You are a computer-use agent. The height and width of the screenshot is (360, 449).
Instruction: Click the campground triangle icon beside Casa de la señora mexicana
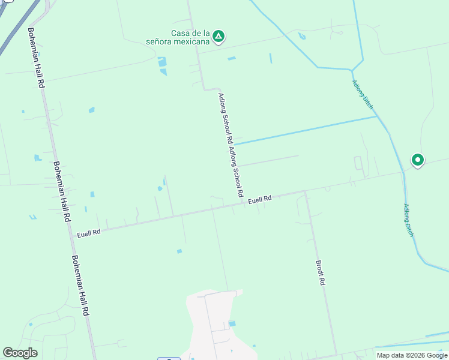(219, 37)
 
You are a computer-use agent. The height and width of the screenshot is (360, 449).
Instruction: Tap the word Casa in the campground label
(174, 33)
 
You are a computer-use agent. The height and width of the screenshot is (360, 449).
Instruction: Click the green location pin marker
(417, 160)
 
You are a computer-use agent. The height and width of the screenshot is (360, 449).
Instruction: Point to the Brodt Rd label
(322, 272)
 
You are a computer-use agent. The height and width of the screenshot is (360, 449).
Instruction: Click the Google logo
(20, 353)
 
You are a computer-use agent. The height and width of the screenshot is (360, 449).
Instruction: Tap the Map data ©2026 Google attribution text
(412, 355)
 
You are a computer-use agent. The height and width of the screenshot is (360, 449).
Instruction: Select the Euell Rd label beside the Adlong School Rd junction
(260, 199)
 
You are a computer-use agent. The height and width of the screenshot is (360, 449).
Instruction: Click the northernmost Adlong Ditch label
(363, 94)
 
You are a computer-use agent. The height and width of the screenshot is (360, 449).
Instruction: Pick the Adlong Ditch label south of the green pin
(409, 220)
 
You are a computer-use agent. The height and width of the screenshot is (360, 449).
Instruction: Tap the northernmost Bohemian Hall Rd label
(37, 58)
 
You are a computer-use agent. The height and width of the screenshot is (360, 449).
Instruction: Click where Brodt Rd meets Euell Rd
(306, 192)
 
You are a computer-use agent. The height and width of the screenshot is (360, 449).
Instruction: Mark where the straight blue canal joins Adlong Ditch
(378, 116)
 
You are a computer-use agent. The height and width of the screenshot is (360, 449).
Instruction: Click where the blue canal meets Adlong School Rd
(234, 144)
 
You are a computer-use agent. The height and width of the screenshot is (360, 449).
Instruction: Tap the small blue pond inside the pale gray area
(232, 323)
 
